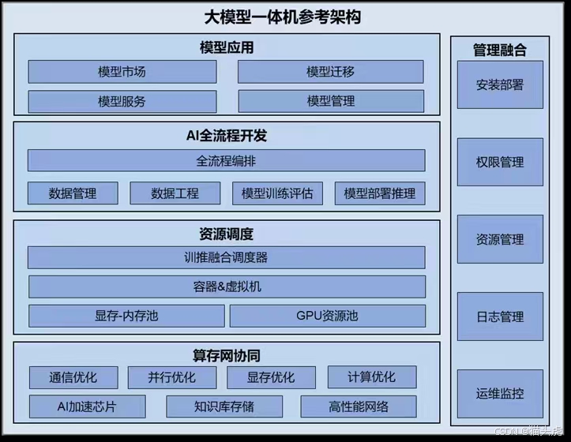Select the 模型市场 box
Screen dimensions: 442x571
[x=122, y=72]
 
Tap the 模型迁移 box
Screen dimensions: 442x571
[x=330, y=72]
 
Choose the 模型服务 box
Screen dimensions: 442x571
[x=122, y=102]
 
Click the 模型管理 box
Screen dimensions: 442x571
[x=330, y=102]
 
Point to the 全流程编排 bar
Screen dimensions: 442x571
[x=226, y=161]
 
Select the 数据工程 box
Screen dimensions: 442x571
[x=175, y=193]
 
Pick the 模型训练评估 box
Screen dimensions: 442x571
[x=277, y=193]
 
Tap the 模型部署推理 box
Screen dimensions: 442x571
[x=379, y=193]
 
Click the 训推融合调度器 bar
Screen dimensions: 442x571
[x=226, y=257]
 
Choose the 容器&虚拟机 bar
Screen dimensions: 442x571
[x=226, y=287]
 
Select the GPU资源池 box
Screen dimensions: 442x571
[x=327, y=316]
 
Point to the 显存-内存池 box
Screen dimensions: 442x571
[x=126, y=316]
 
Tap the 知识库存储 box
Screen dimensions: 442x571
[x=225, y=407]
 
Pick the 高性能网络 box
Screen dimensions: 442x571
[x=359, y=407]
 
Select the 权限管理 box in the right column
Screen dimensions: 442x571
[x=500, y=163]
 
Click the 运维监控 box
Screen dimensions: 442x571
[x=500, y=394]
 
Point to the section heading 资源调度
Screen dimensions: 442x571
[x=227, y=234]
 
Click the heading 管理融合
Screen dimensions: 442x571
[x=500, y=51]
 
